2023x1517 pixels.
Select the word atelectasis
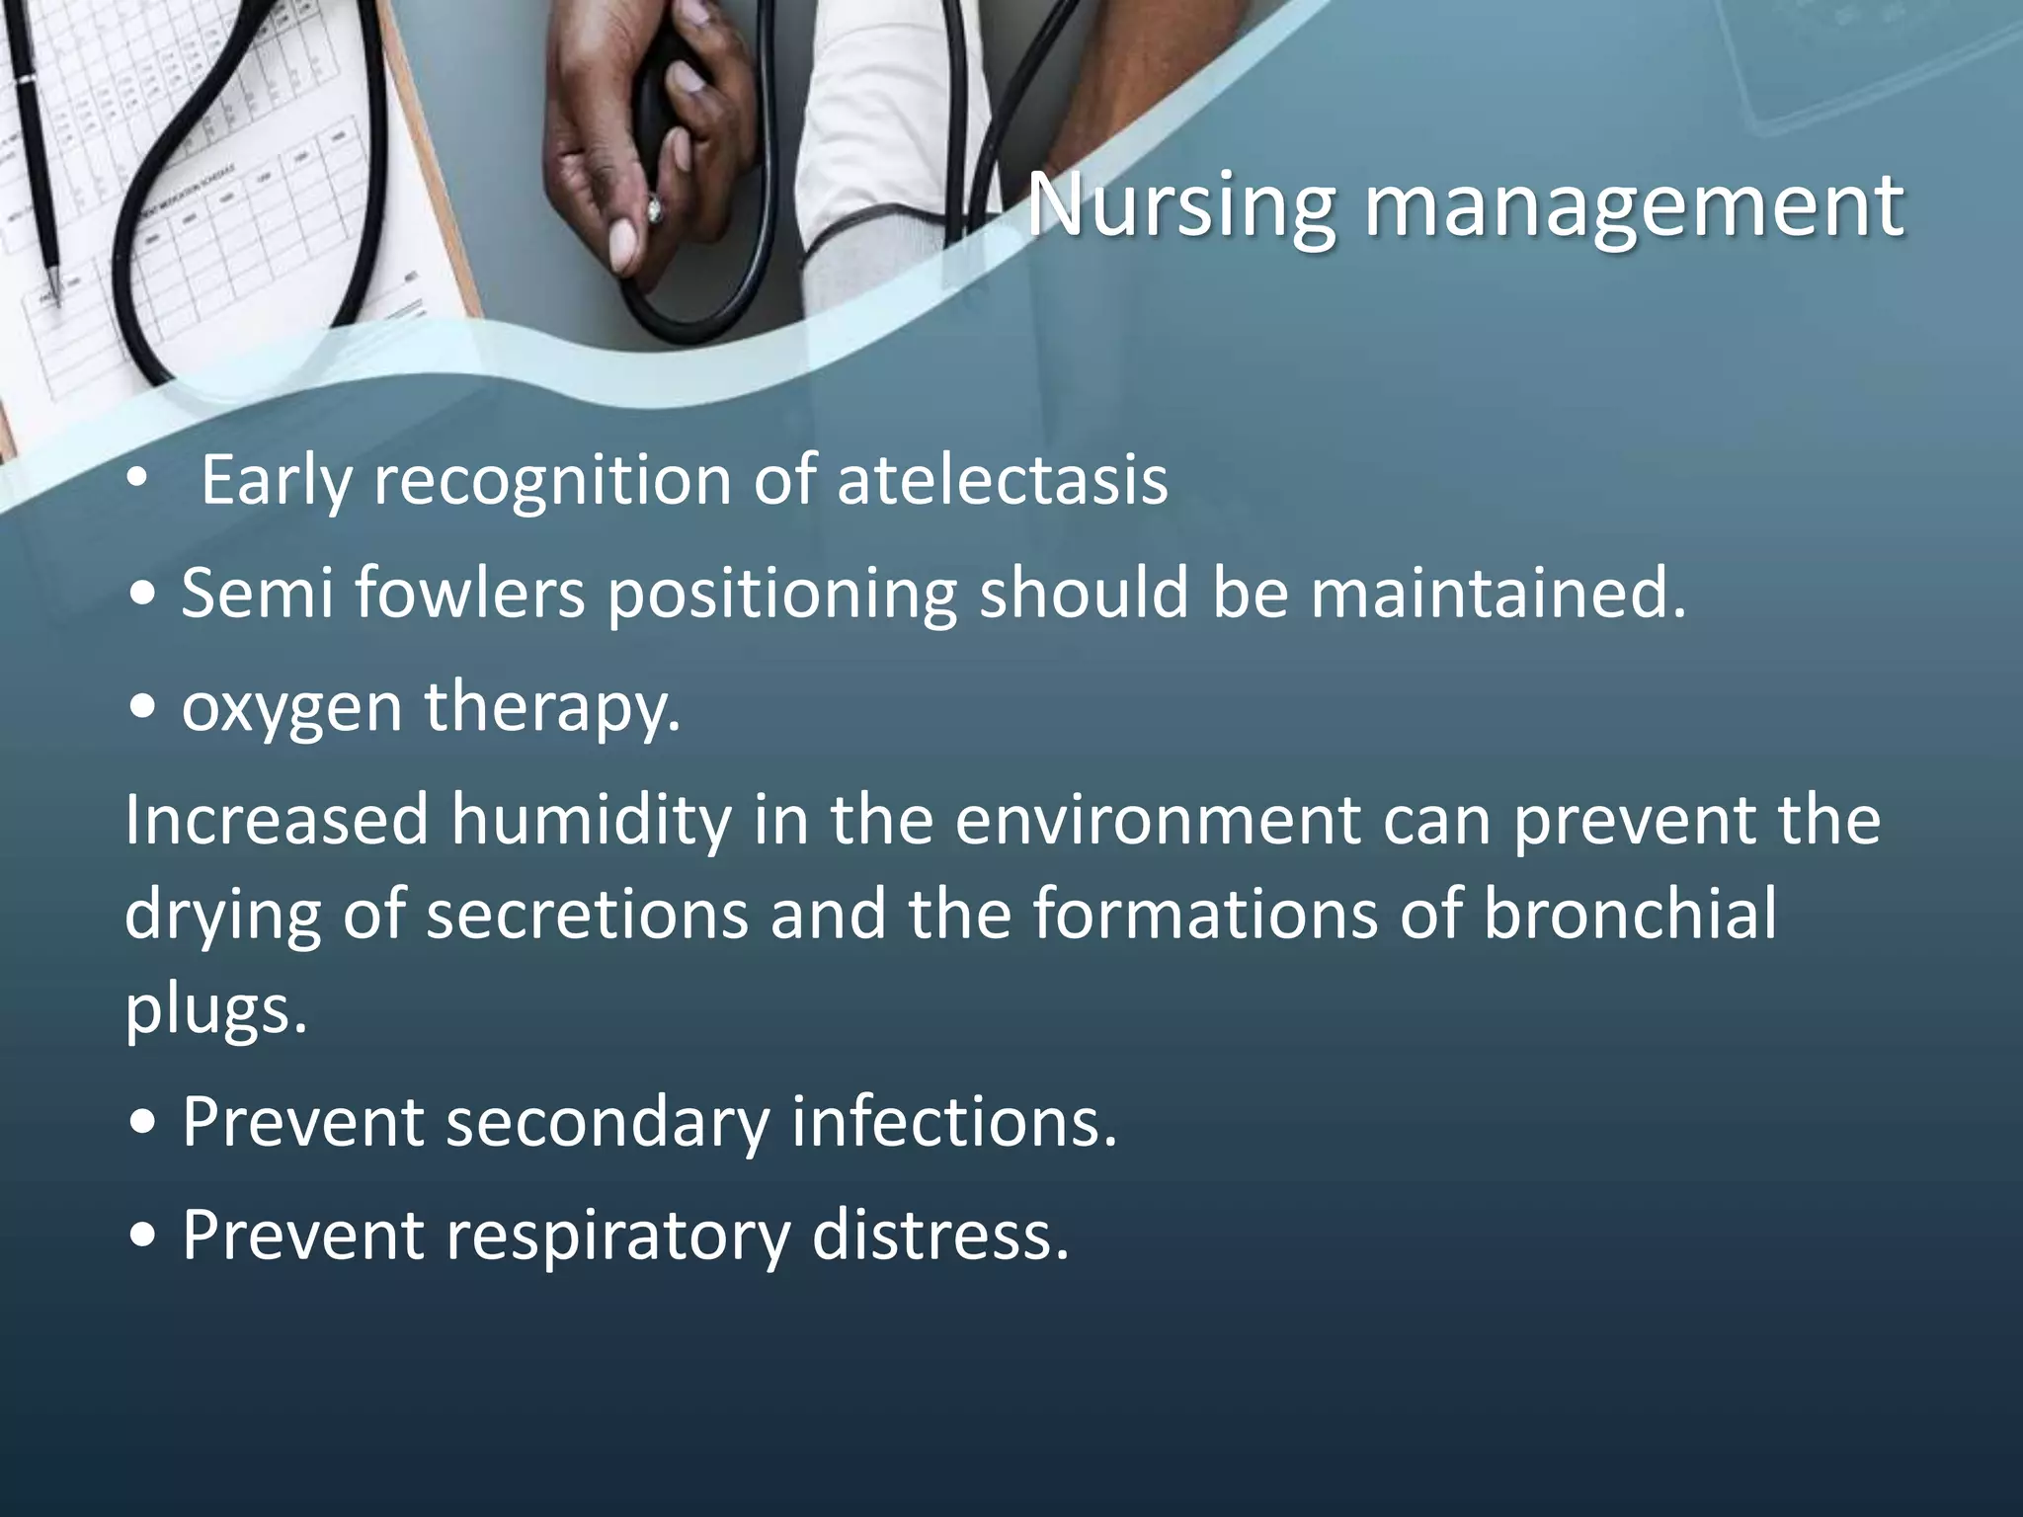coord(1002,481)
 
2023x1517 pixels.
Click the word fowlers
coord(469,594)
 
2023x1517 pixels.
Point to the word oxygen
coord(290,708)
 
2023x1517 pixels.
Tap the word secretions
coord(587,914)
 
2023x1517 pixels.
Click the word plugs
coord(215,1009)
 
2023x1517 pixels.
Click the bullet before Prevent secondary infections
coord(144,1124)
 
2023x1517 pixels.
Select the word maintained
coord(1497,594)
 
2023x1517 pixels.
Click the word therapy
coord(552,708)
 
